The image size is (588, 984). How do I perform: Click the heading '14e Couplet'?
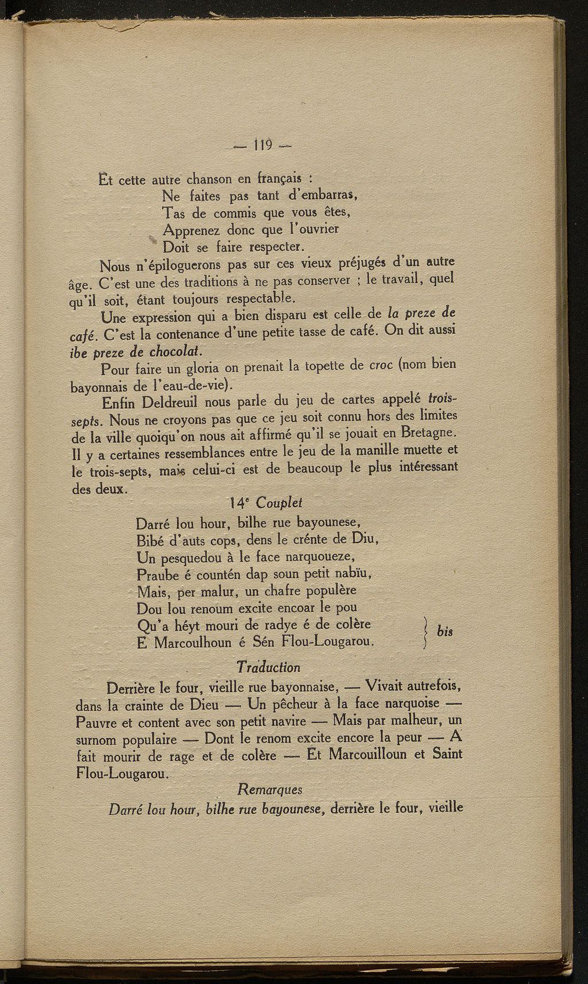(265, 503)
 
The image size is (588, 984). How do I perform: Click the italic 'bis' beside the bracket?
(444, 632)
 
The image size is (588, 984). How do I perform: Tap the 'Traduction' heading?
(268, 667)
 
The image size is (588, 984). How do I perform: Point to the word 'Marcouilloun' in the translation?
(370, 754)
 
